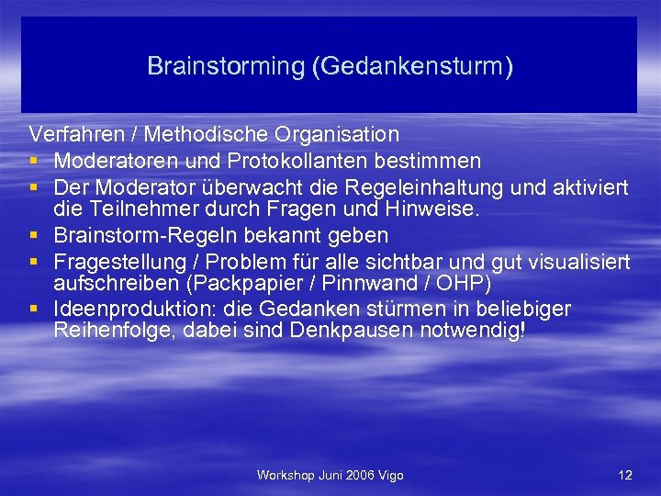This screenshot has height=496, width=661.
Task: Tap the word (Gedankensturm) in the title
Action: [411, 67]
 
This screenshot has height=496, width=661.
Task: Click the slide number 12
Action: [625, 475]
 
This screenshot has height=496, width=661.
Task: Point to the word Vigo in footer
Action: [388, 475]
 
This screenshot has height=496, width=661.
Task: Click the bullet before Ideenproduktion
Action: [34, 309]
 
